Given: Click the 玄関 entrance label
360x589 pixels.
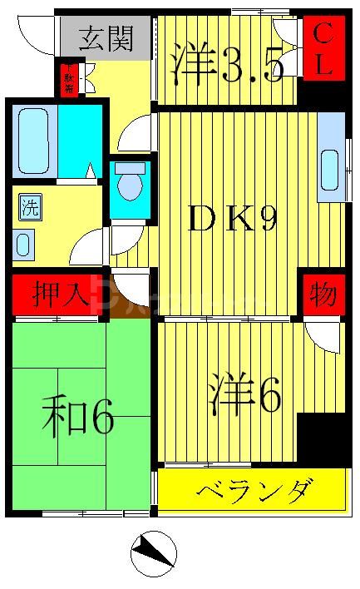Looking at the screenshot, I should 106,38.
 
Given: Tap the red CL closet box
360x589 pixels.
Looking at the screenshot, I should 323,51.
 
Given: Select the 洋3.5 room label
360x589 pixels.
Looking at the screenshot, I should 227,65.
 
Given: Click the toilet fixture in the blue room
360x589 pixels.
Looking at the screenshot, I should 129,184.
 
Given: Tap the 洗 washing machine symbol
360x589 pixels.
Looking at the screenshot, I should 29,208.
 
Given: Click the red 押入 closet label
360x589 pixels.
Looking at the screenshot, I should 57,294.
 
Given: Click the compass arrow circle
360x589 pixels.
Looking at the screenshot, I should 155,552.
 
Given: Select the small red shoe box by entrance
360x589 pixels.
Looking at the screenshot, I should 68,78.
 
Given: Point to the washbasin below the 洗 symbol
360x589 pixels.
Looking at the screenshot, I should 23,245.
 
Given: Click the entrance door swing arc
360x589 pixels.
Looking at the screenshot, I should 35,33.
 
